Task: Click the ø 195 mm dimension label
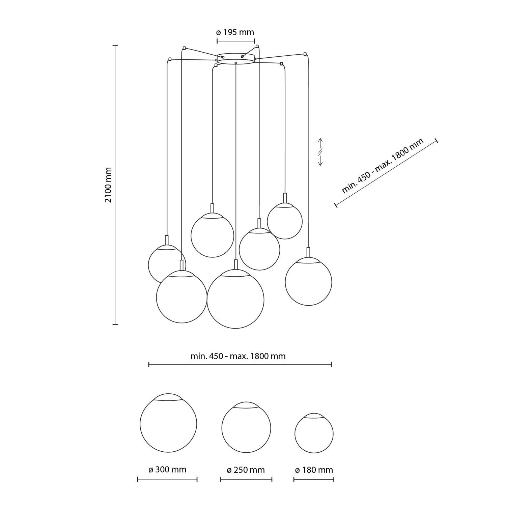click(235, 32)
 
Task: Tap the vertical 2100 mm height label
click(108, 185)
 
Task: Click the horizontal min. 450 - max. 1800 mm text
click(238, 356)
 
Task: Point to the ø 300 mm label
click(167, 470)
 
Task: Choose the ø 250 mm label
click(246, 470)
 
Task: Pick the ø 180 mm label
click(314, 470)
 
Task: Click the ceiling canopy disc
click(235, 58)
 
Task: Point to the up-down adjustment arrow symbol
click(320, 152)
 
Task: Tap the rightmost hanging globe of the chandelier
click(308, 282)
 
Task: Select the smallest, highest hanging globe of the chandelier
click(285, 221)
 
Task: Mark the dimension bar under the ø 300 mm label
click(167, 479)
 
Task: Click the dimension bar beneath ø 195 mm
click(235, 41)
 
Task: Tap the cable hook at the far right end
click(305, 54)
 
